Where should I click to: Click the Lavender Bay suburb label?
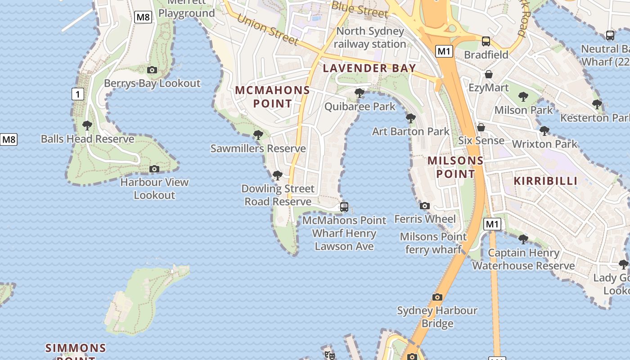[369, 68]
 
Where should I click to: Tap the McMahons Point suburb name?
[272, 97]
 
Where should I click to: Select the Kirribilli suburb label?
[545, 181]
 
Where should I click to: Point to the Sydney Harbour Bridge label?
[437, 317]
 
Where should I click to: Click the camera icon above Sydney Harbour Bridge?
[437, 297]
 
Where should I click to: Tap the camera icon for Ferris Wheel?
[424, 206]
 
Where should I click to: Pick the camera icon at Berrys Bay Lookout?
[152, 70]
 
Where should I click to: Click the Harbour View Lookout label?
[154, 189]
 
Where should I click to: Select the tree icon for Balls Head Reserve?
[87, 126]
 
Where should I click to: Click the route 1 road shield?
[78, 94]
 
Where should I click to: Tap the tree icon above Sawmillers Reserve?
[258, 135]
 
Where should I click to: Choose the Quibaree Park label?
[360, 107]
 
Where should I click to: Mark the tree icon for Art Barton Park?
[410, 118]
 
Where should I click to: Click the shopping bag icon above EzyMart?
[489, 74]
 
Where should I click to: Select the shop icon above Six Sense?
[481, 127]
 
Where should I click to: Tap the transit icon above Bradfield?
[486, 41]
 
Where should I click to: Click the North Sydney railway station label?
[370, 37]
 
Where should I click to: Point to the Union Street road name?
[267, 30]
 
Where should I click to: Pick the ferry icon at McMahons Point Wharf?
[344, 207]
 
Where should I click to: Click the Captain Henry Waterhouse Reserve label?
[523, 259]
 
